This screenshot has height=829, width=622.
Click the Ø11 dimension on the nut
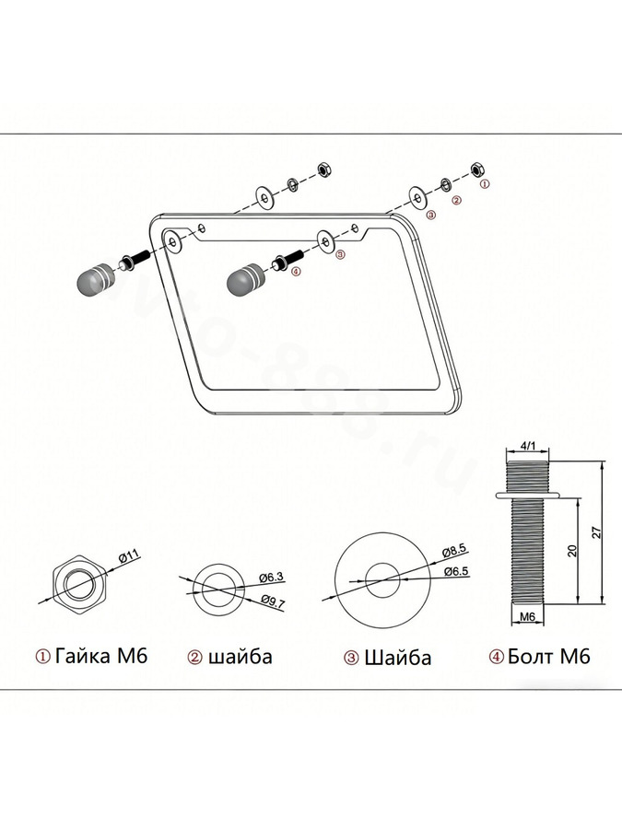128,556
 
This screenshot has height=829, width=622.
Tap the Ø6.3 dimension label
272,578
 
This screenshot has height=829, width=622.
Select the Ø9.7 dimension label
274,601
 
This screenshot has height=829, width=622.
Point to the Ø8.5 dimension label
454,551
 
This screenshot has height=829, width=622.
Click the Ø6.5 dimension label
456,571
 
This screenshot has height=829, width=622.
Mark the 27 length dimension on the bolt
596,532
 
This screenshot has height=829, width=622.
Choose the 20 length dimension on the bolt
571,551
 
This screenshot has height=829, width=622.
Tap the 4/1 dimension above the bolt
528,446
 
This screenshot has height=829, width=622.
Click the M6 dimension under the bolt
528,616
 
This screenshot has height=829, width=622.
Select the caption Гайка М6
101,656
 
